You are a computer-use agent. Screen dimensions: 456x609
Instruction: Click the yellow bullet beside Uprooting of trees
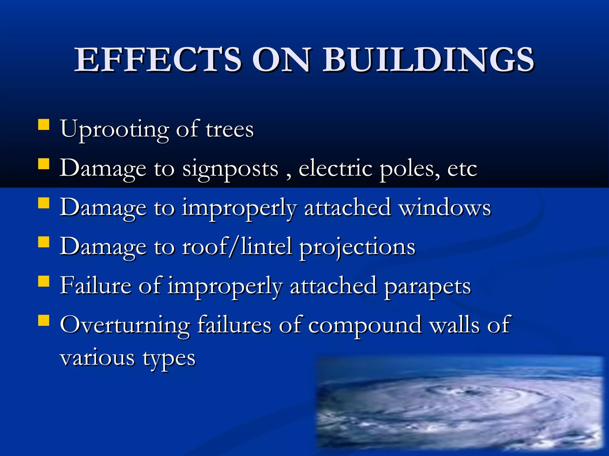click(44, 125)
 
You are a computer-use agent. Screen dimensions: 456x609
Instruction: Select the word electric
click(335, 169)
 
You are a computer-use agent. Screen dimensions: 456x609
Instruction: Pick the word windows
click(445, 208)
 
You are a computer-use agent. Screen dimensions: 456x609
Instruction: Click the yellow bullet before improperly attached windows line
click(44, 203)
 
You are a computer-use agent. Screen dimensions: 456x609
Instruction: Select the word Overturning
click(125, 325)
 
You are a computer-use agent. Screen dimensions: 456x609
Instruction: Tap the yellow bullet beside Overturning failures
click(44, 321)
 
